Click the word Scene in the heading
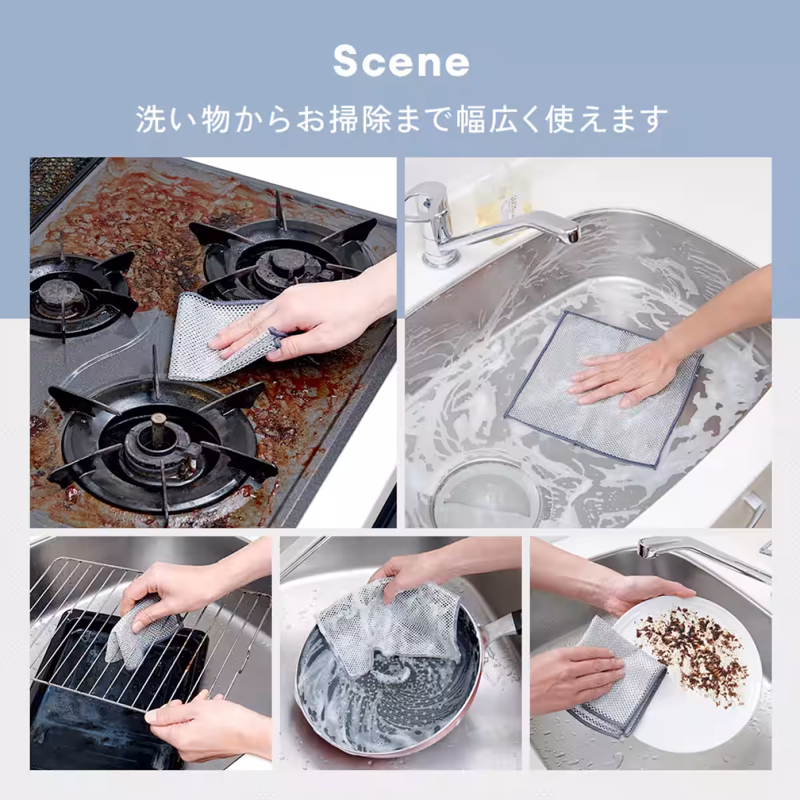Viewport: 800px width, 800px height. (401, 62)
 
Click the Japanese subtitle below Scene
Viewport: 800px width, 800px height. (401, 119)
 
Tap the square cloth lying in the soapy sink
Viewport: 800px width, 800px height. (603, 393)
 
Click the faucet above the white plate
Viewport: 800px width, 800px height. (700, 557)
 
